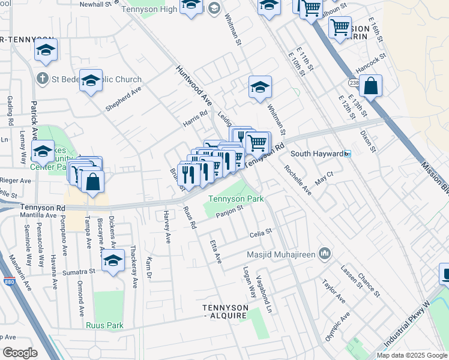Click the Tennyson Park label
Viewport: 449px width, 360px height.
click(235, 199)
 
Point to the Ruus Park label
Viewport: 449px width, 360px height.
click(104, 326)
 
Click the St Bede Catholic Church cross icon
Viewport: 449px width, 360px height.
click(42, 79)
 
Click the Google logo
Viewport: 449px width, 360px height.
click(20, 352)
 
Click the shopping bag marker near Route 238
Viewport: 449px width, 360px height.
click(372, 86)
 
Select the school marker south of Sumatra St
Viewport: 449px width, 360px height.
click(112, 262)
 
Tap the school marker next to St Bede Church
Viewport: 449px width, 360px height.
click(91, 80)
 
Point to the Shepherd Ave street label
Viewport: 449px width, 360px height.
click(123, 98)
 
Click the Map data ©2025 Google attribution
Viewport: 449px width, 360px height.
click(411, 355)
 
